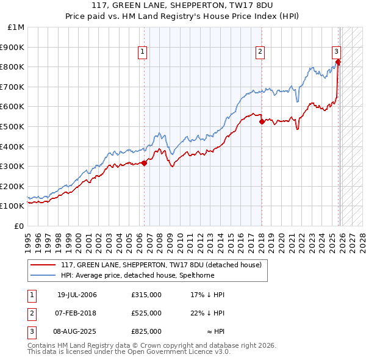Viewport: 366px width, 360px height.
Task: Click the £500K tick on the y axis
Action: pyautogui.click(x=13, y=126)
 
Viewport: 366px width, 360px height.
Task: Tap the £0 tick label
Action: pyautogui.click(x=20, y=226)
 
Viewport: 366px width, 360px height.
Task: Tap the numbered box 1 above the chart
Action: pyautogui.click(x=142, y=52)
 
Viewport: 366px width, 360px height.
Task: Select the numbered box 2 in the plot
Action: pyautogui.click(x=260, y=52)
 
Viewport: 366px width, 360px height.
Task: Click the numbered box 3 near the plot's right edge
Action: pyautogui.click(x=336, y=52)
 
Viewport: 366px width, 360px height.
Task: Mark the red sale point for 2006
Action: pyautogui.click(x=145, y=163)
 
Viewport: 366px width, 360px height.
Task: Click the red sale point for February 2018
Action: pyautogui.click(x=262, y=121)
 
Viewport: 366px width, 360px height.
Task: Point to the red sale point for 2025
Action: pyautogui.click(x=338, y=62)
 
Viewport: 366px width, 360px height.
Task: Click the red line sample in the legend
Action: pyautogui.click(x=43, y=265)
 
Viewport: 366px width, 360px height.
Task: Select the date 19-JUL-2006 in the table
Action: pyautogui.click(x=77, y=295)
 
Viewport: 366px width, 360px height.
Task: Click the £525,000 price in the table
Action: pyautogui.click(x=146, y=313)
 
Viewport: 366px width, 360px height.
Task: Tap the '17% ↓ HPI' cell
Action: pyautogui.click(x=207, y=295)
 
